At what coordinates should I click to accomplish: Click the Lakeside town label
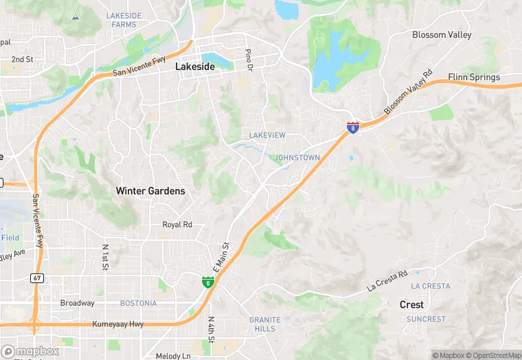point(195,67)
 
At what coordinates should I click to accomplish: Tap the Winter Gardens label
point(150,191)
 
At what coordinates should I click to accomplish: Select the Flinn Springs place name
point(474,77)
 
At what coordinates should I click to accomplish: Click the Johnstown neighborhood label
point(297,158)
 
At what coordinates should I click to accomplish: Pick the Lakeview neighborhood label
point(267,135)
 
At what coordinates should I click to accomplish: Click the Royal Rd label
point(177,225)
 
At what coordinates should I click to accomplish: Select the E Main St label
point(224,252)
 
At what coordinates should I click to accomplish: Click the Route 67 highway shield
point(37,278)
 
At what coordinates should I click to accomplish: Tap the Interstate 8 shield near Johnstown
point(352,127)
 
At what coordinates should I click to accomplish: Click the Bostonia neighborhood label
point(138,303)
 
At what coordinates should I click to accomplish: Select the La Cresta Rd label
point(387,280)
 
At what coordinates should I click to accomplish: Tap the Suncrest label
point(426,319)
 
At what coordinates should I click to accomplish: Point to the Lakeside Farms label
point(124,19)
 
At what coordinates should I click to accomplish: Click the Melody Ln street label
point(172,356)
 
